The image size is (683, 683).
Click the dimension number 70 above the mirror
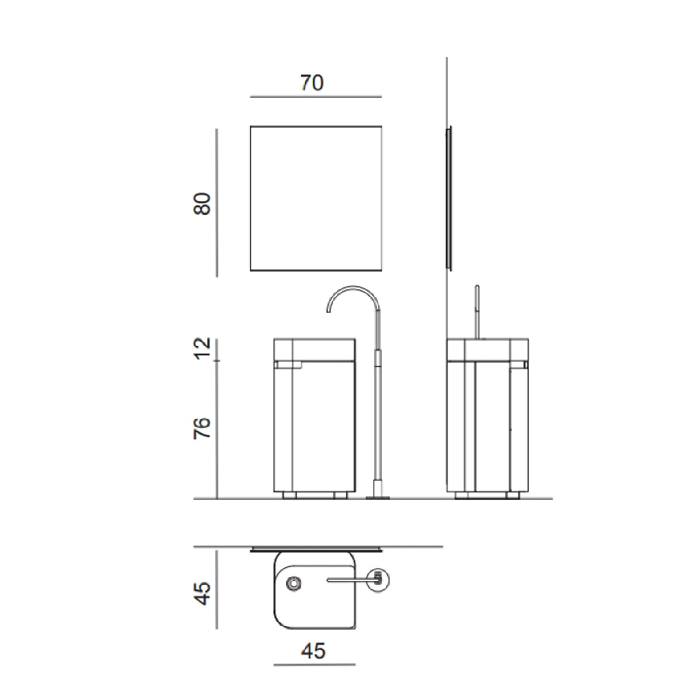pyautogui.click(x=312, y=83)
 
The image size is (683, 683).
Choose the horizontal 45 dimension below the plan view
pyautogui.click(x=313, y=651)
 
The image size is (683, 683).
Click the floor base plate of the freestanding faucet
pyautogui.click(x=378, y=497)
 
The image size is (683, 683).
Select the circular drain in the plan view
pyautogui.click(x=294, y=583)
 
